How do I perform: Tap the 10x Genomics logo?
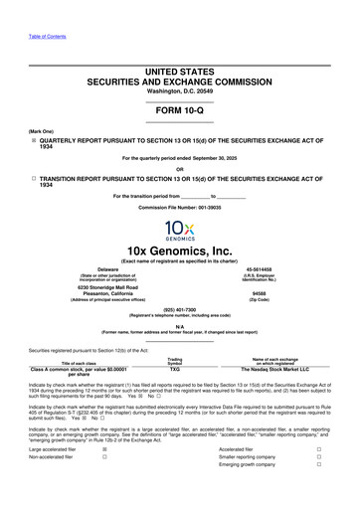(x=180, y=231)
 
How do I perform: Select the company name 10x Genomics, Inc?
(x=180, y=253)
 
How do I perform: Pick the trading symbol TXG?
(x=175, y=369)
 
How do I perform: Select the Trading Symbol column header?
(x=175, y=360)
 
